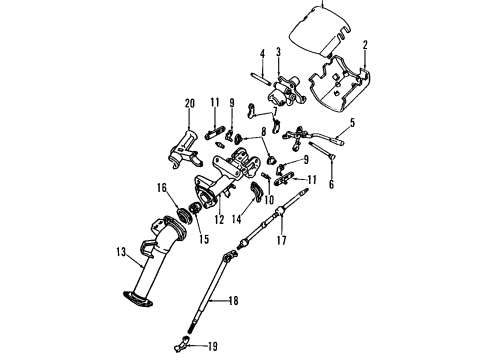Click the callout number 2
coord(366,45)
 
